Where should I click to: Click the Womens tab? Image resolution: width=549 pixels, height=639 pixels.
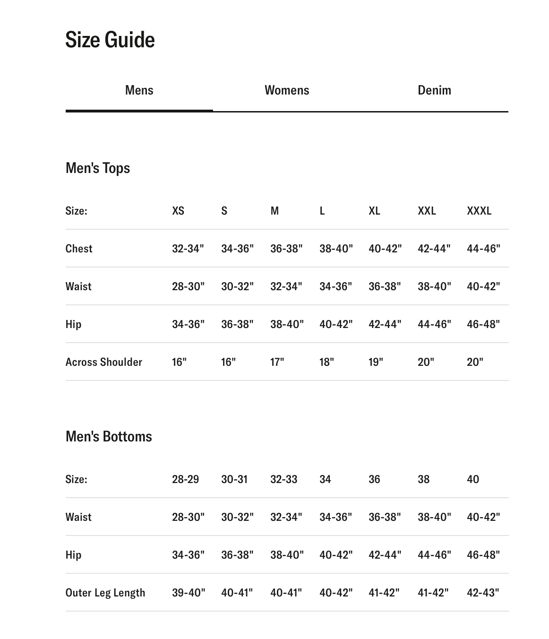(287, 90)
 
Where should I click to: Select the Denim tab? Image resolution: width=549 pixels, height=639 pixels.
(434, 90)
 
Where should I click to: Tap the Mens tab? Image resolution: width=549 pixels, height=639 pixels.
(139, 90)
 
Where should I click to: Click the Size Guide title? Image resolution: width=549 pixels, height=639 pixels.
(110, 40)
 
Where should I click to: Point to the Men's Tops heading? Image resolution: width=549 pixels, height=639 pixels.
(98, 168)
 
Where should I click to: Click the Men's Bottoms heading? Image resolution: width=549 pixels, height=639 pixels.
(109, 436)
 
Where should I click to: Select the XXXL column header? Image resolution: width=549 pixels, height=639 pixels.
(479, 211)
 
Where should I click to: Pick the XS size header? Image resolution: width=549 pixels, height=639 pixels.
(178, 211)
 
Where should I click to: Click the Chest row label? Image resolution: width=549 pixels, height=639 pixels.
(79, 249)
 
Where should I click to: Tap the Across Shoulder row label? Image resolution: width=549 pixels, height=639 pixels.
(104, 362)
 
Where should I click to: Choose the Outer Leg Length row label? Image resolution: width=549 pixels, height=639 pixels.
(105, 593)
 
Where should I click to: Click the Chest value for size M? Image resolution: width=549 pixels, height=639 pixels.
(286, 249)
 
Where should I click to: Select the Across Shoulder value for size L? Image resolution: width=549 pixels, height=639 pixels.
(326, 362)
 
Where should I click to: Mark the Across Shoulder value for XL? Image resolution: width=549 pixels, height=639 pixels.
(376, 362)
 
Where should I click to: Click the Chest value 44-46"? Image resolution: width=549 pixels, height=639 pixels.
(483, 249)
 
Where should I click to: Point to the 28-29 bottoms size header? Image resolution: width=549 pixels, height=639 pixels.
(185, 479)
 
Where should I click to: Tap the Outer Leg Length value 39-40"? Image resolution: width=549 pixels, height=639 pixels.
(189, 593)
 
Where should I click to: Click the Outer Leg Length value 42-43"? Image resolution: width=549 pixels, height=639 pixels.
(483, 593)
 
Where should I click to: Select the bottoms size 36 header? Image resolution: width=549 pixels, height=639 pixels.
(374, 479)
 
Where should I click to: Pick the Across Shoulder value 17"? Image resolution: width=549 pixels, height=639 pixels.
(277, 362)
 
